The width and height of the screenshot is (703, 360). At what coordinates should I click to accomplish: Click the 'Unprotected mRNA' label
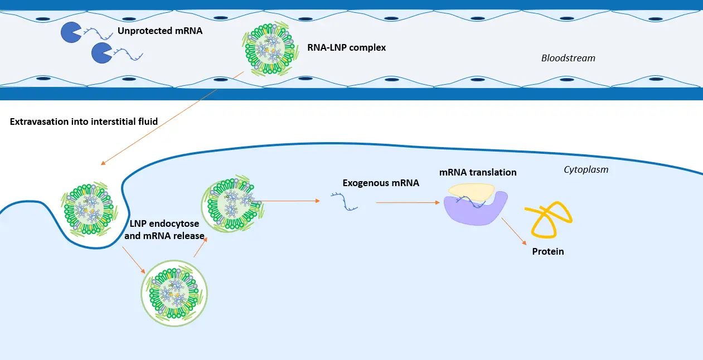tap(159, 31)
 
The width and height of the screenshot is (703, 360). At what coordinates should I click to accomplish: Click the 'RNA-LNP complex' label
tap(346, 47)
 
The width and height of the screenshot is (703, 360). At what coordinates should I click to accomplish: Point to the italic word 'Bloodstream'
tap(568, 58)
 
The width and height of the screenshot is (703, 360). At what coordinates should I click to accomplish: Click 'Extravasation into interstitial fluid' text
tap(84, 121)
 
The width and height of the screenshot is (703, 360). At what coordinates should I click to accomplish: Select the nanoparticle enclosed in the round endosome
tap(174, 292)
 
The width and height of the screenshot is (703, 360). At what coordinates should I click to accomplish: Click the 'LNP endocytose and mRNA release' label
tap(167, 230)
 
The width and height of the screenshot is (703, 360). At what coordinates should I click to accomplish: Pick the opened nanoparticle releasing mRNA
tap(233, 205)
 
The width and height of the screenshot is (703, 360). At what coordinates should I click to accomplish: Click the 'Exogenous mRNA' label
tap(380, 182)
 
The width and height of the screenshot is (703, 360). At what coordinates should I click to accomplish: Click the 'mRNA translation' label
tap(478, 172)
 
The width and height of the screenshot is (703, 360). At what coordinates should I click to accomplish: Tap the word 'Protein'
tap(548, 251)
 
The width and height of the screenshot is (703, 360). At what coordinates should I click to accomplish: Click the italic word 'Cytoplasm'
tap(586, 169)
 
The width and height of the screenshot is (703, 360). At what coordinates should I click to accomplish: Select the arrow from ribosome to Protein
tap(513, 231)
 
